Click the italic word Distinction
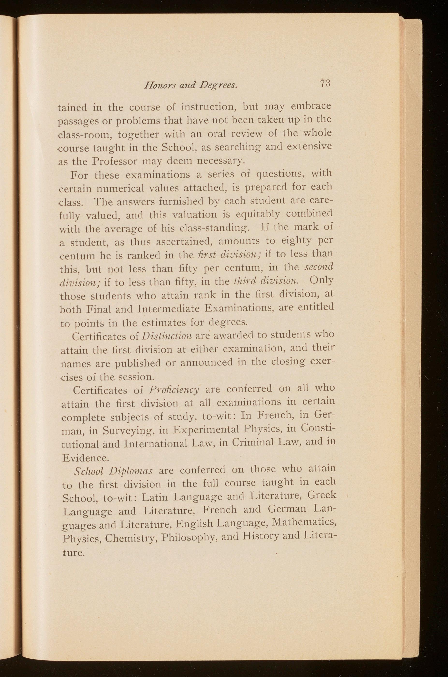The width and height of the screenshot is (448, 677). point(167,336)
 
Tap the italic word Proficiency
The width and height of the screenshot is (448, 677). point(174,389)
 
